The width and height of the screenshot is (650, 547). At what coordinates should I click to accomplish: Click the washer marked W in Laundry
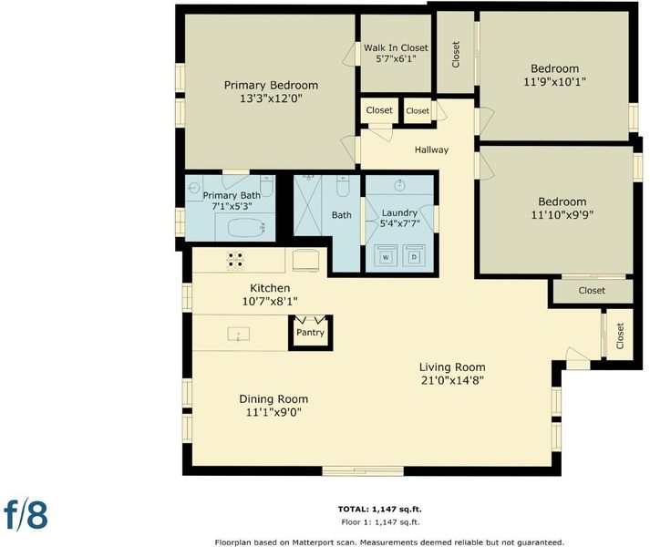point(386,256)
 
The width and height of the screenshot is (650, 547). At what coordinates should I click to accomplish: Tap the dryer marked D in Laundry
point(414,256)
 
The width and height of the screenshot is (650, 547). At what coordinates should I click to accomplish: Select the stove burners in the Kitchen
point(235,261)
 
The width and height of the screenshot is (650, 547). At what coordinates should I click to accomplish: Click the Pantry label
point(310,333)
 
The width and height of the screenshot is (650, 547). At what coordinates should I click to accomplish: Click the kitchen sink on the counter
point(238,334)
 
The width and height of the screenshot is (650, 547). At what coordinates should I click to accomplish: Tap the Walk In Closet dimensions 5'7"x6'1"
point(396,59)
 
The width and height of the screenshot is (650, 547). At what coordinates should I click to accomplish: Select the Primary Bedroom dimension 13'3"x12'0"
point(271,98)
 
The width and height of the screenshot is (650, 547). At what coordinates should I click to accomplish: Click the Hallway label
point(431,150)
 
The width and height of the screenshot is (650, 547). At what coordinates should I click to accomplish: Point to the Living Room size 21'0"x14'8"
point(452,380)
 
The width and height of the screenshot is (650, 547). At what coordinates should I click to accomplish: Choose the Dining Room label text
point(273,399)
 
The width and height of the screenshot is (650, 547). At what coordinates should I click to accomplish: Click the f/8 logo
point(26,515)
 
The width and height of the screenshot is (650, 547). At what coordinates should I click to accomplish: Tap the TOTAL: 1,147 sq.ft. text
point(380,510)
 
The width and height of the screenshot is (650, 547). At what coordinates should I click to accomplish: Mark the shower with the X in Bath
point(307,205)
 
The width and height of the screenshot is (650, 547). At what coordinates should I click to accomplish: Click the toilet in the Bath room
point(343,186)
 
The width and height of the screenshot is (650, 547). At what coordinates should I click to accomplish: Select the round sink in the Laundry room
point(400,185)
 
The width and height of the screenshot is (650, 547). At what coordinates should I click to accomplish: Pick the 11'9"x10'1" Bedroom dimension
point(554,82)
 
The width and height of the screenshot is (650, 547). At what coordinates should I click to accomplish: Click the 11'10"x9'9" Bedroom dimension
point(562,215)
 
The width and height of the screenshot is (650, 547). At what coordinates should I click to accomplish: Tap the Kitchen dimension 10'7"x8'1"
point(270,301)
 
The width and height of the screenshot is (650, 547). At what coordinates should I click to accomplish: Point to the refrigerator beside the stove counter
point(306,260)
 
